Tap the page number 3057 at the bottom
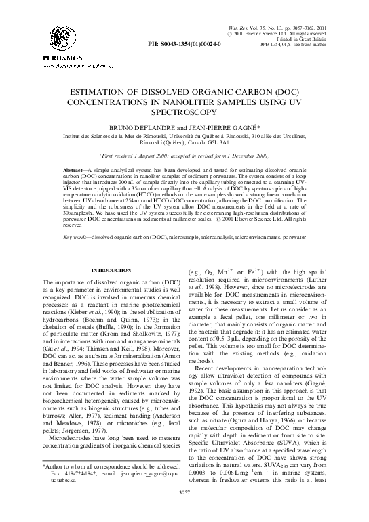[x=184, y=510]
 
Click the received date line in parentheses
[x=184, y=154]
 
